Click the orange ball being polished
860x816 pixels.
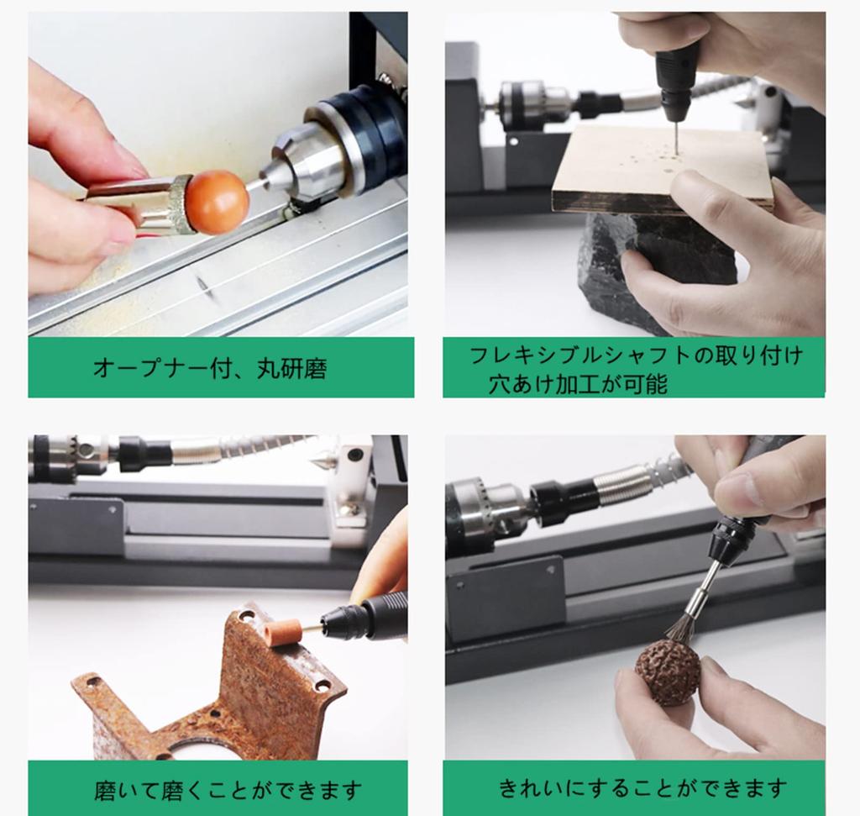(x=217, y=202)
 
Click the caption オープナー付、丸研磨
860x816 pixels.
(x=209, y=368)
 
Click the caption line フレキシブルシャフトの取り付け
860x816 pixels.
(x=634, y=355)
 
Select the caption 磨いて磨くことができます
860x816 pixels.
(x=228, y=790)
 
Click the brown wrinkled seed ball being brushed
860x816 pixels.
(x=667, y=671)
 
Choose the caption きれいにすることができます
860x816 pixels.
(x=642, y=787)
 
